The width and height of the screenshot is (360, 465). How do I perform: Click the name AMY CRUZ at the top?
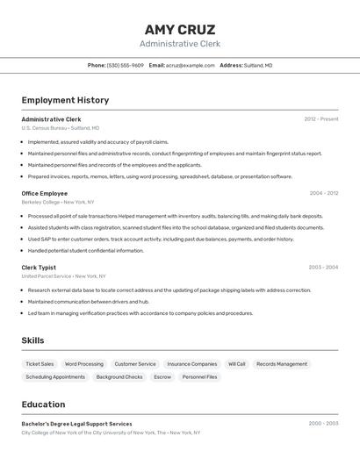(179, 29)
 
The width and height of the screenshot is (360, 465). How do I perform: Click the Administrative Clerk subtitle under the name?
(179, 44)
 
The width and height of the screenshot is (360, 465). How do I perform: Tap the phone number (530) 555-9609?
(125, 65)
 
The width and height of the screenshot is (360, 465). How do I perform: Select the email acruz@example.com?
(191, 65)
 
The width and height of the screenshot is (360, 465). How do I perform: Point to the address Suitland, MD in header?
(257, 65)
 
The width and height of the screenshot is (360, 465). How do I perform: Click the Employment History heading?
(65, 100)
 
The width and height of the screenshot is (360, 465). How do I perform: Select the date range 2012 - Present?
(320, 118)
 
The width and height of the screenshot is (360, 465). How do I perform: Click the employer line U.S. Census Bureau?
(60, 127)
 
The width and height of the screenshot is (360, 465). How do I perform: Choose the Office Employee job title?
(44, 193)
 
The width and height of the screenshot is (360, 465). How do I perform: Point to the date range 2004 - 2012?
(323, 193)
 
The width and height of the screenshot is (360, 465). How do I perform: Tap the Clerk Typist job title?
(39, 267)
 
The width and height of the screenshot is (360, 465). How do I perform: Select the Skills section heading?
(33, 340)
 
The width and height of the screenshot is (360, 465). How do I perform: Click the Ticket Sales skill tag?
(40, 363)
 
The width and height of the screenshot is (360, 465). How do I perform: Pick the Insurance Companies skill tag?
(191, 363)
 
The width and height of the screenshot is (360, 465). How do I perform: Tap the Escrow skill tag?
(162, 376)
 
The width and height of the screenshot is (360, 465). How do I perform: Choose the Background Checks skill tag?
(119, 376)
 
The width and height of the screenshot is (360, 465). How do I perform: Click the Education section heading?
(43, 404)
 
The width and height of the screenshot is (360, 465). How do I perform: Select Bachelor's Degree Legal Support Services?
(76, 424)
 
